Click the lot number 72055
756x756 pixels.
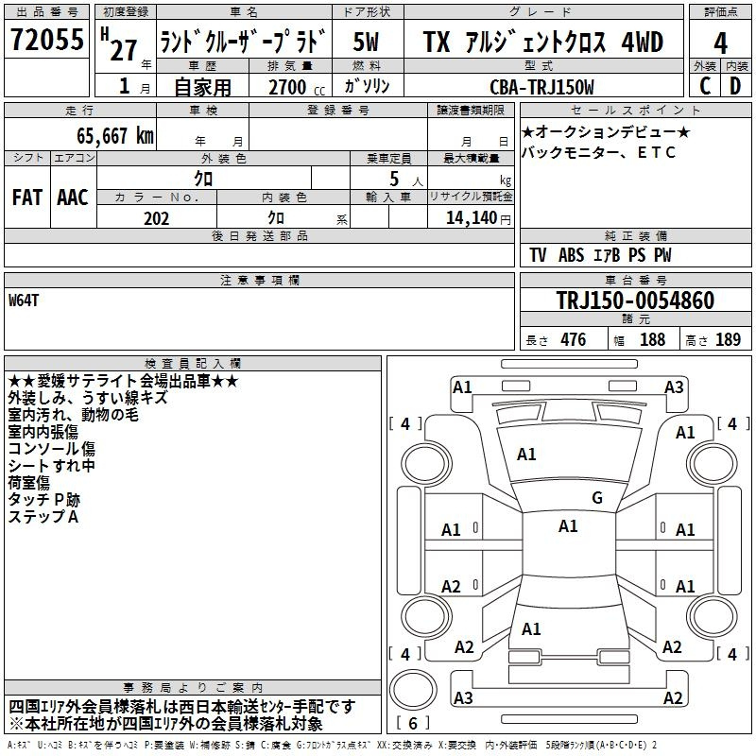point(46,39)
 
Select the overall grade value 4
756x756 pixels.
point(720,43)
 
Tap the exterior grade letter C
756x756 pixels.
point(705,86)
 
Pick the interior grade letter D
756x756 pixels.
point(735,86)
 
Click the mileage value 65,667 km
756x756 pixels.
point(115,135)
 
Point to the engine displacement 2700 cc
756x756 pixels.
point(297,87)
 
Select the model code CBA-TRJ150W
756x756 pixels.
point(541,87)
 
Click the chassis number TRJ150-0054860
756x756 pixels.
point(635,300)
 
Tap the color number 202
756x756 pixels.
point(156,218)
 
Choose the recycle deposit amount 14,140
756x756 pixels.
point(472,218)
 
